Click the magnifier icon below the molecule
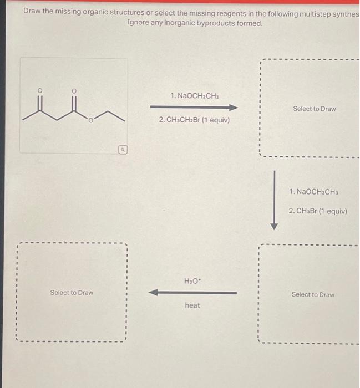pos(123,149)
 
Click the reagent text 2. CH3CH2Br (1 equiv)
pos(194,120)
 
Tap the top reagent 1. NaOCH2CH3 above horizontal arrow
pos(194,96)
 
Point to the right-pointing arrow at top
pos(194,108)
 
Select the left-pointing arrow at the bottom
pos(193,293)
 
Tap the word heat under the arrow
pos(192,305)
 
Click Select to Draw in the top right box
pos(314,109)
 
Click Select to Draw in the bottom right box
pos(313,294)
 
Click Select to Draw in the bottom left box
pos(72,292)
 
